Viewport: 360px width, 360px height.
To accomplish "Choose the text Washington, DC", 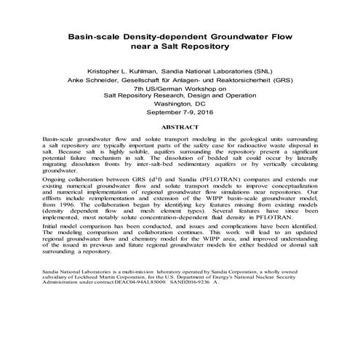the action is (x=180, y=104).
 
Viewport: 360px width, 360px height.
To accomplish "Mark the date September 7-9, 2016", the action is (x=180, y=113).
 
